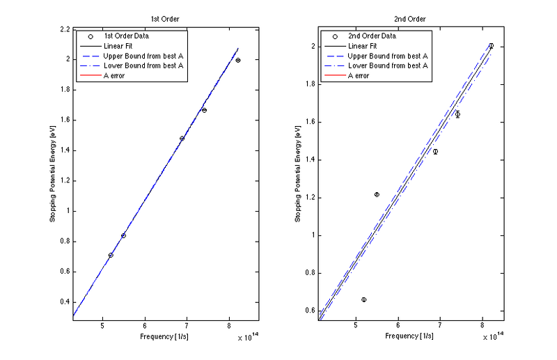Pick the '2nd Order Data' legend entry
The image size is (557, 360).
click(372, 36)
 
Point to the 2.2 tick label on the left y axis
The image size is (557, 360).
click(64, 29)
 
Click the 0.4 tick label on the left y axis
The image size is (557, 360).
click(64, 302)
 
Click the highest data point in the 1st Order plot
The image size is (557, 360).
click(238, 61)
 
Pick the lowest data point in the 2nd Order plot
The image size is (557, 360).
click(364, 299)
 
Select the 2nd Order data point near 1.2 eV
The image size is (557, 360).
click(377, 194)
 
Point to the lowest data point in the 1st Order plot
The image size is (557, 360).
click(111, 255)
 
